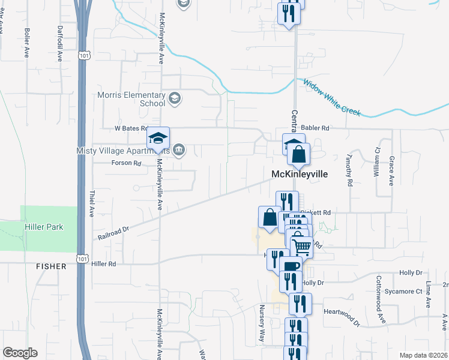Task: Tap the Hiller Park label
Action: (44, 227)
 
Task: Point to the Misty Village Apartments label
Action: (123, 151)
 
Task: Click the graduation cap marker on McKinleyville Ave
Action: (158, 139)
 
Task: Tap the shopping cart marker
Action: (302, 245)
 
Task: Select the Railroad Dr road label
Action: (113, 233)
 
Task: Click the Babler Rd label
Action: (317, 128)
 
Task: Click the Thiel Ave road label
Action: (92, 204)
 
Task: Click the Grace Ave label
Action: (391, 172)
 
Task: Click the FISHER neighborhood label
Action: (50, 266)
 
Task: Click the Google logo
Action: (20, 352)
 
